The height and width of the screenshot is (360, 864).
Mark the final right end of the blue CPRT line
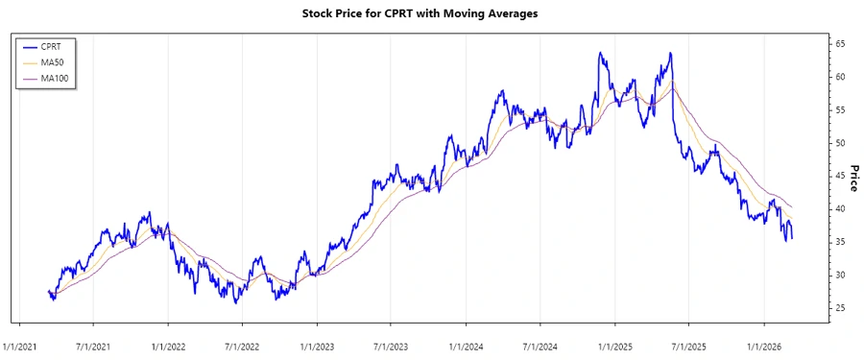point(792,238)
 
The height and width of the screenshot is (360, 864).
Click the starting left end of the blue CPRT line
point(48,291)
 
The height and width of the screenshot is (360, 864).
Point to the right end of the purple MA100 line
point(792,207)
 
